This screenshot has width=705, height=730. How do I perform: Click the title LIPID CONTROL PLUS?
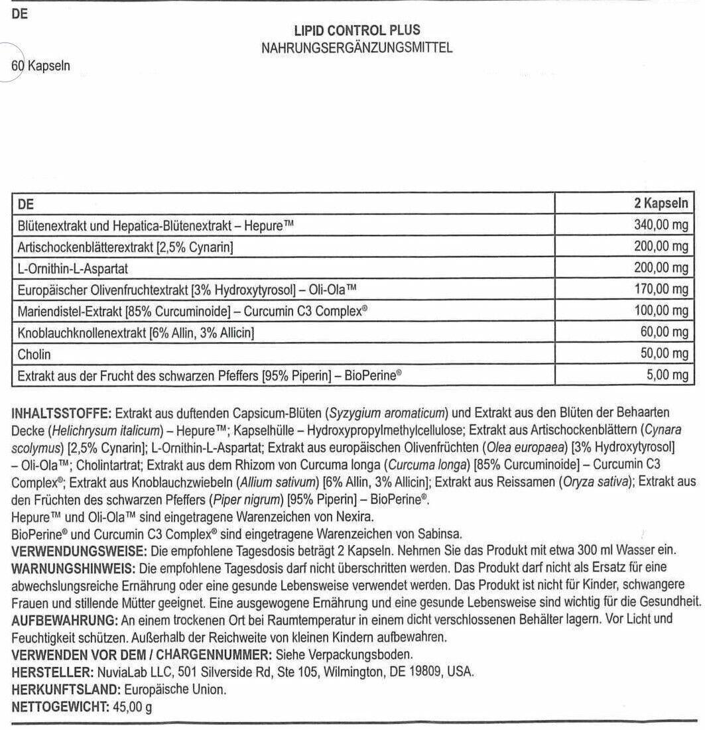coord(357,30)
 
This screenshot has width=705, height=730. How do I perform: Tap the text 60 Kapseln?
coord(41,67)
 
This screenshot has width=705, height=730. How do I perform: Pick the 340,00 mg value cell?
coord(661,225)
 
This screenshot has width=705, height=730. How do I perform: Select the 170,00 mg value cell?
coord(661,290)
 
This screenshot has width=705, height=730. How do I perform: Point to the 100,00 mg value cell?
coord(661,311)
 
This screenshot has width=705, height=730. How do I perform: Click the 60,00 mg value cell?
coord(664,333)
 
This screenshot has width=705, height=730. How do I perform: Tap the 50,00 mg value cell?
coord(664,354)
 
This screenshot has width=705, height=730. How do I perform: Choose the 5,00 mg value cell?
coord(667,376)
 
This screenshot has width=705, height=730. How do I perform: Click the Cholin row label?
coord(34,355)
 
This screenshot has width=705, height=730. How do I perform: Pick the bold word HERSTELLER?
coord(47,671)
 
